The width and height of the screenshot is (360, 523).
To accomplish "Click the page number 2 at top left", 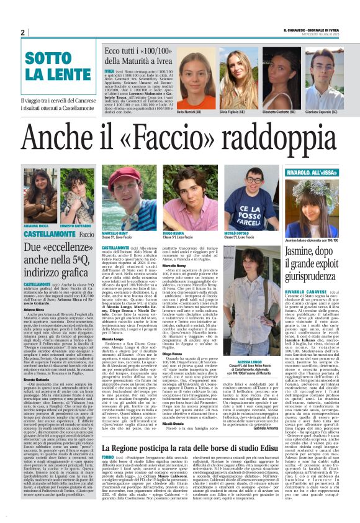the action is point(23,32).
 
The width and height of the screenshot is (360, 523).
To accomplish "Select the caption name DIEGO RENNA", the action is point(173,234).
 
